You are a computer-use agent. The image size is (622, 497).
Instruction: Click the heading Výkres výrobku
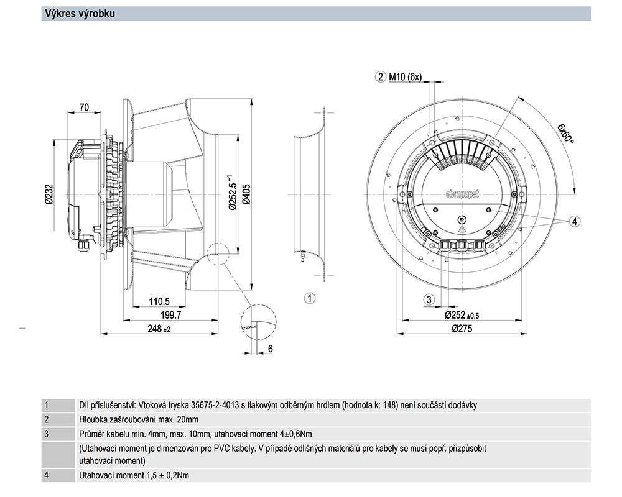78,14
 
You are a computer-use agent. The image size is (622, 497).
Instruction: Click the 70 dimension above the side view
85,107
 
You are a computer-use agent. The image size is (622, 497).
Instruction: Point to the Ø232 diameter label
48,194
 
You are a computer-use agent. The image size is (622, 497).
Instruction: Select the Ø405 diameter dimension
246,194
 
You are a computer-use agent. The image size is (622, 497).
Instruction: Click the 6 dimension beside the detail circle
271,349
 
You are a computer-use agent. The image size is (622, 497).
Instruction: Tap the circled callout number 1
309,299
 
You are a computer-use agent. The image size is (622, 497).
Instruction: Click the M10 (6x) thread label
405,78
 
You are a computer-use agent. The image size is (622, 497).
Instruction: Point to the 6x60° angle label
565,132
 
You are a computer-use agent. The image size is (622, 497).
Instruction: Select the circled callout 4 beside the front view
575,221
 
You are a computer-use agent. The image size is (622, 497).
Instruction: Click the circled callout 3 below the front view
429,300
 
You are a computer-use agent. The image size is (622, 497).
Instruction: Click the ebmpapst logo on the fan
463,194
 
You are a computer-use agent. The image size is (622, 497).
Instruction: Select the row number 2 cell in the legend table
47,419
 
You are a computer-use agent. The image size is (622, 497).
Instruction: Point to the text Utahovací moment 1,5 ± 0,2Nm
134,476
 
